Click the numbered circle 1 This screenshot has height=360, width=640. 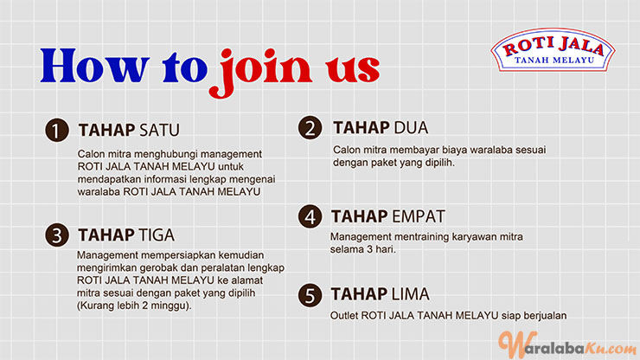tap(57, 131)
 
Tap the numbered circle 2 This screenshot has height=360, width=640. tap(310, 128)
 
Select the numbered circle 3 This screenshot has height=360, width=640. tap(57, 235)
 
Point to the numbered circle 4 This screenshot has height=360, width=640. tap(310, 216)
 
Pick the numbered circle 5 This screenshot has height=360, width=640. tap(310, 295)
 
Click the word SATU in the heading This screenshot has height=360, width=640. tap(159, 131)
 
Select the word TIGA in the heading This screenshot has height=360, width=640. tap(157, 235)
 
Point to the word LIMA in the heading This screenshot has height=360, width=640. tap(410, 294)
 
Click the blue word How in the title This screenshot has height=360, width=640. tap(94, 66)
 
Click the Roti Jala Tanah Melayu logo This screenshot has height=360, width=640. tap(553, 50)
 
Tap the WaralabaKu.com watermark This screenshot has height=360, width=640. tap(567, 345)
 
